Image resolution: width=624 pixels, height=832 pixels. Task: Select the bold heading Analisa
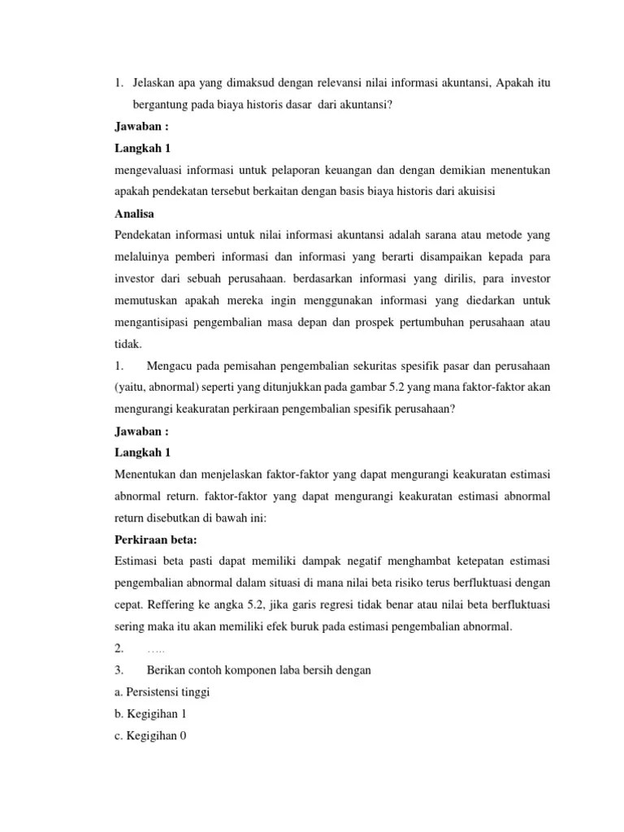(133, 214)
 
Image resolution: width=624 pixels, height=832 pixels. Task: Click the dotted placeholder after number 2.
(155, 648)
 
